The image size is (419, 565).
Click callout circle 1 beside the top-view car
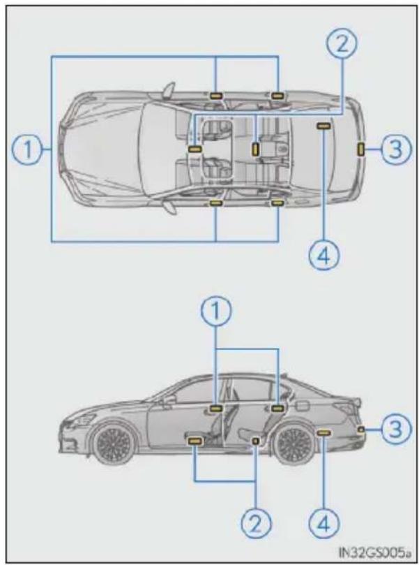[27, 149]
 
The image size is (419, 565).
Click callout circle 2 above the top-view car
[342, 44]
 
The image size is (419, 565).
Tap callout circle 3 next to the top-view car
[395, 149]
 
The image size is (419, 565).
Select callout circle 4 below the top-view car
[324, 256]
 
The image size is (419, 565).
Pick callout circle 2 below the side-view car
[256, 524]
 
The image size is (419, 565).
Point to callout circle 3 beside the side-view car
[395, 429]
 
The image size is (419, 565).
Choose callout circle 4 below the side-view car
[324, 524]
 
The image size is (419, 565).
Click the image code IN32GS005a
[374, 551]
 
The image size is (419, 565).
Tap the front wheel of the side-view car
[114, 441]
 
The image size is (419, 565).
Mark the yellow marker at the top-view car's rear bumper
[360, 149]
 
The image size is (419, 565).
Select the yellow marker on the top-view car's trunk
[323, 126]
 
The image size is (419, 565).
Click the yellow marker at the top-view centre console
[255, 149]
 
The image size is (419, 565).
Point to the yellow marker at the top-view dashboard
[195, 149]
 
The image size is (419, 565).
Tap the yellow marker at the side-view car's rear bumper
[361, 429]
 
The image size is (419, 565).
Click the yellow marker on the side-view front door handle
[216, 409]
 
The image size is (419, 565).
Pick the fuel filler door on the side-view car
[302, 405]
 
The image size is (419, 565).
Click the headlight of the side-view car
[82, 420]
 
